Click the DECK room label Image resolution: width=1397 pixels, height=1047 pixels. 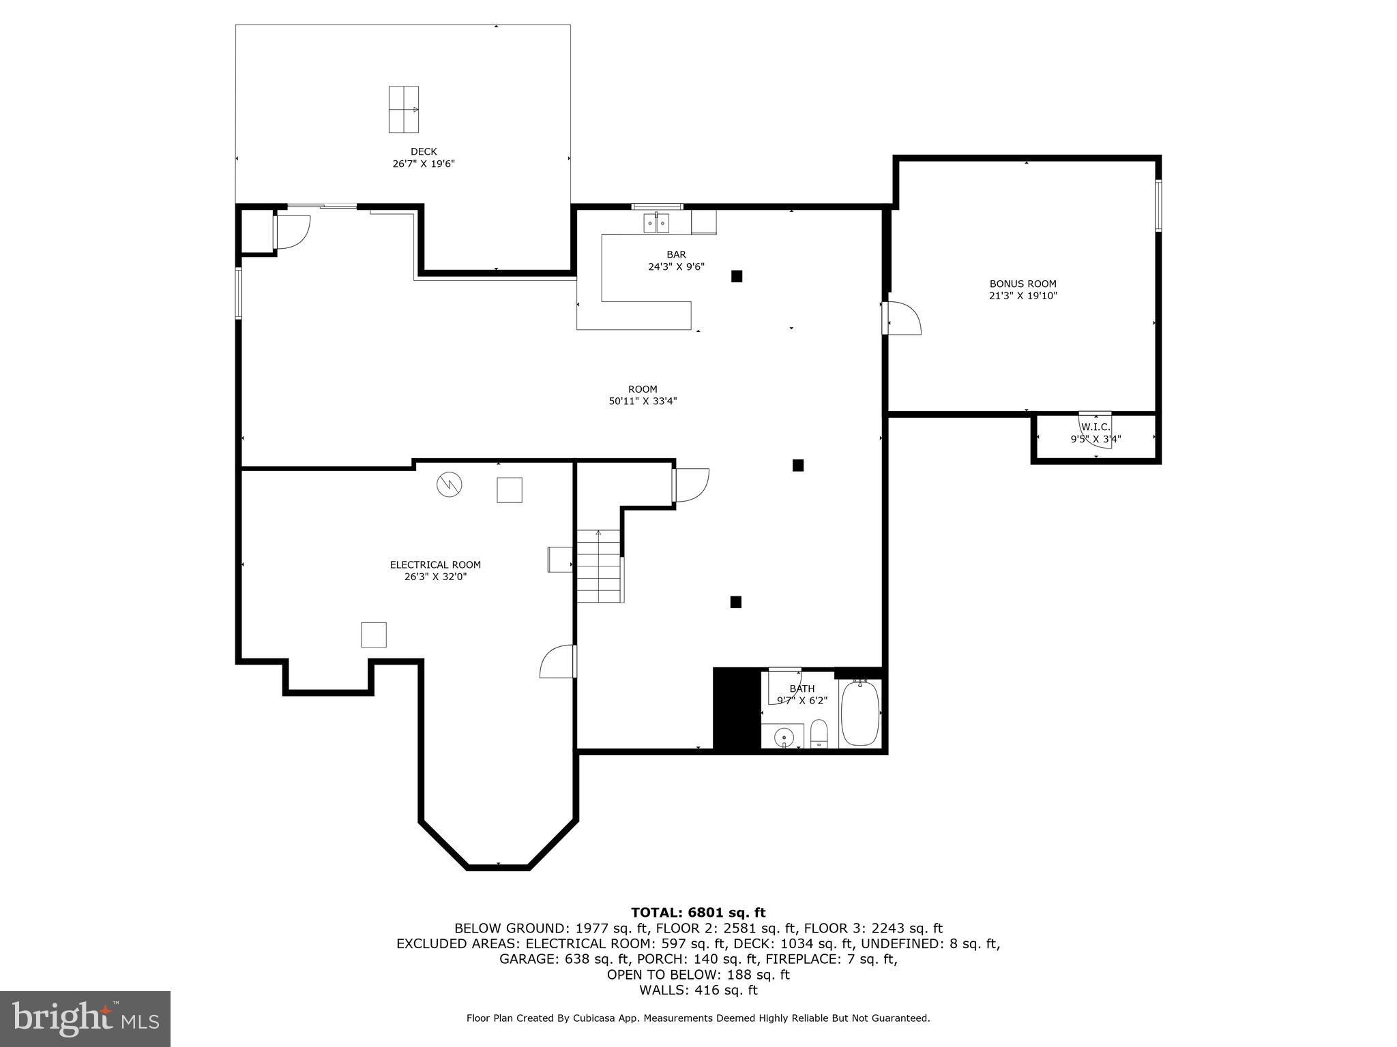click(x=424, y=151)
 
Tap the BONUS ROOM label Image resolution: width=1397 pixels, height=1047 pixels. click(x=1023, y=284)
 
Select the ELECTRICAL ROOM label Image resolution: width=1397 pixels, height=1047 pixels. click(x=435, y=564)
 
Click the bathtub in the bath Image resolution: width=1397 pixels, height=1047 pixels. click(x=859, y=714)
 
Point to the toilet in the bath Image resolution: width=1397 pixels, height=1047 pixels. click(x=819, y=734)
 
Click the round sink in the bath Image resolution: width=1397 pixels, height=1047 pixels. click(x=784, y=738)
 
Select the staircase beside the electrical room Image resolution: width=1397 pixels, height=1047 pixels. click(x=600, y=566)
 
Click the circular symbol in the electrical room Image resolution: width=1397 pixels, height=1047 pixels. click(x=450, y=485)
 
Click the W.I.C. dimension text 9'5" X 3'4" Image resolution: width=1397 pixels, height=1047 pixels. click(x=1095, y=440)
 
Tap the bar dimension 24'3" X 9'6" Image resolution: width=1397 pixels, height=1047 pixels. click(x=676, y=267)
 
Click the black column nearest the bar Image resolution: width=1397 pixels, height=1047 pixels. click(x=737, y=276)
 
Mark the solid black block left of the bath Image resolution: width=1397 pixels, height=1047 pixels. click(x=737, y=709)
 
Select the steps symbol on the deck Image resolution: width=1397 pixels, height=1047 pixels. click(x=403, y=109)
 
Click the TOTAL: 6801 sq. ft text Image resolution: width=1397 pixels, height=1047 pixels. click(x=698, y=913)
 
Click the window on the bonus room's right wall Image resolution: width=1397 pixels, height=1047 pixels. click(x=1158, y=205)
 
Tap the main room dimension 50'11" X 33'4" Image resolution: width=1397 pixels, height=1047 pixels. click(x=643, y=401)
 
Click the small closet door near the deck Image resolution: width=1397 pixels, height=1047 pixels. click(x=292, y=232)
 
